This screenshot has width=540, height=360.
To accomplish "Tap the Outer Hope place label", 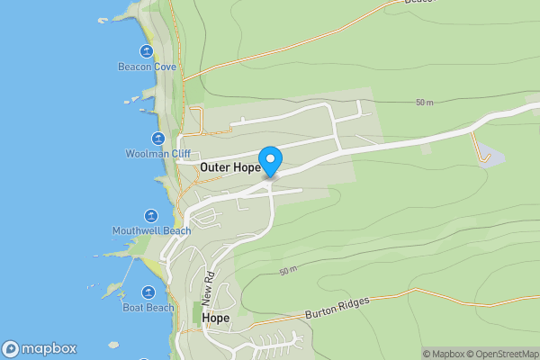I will (x=229, y=167).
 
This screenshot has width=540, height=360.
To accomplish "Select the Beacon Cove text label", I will (x=147, y=67).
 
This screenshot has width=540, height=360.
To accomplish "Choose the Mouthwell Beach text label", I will (x=151, y=231).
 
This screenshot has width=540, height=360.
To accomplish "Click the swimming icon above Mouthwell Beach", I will (x=150, y=216).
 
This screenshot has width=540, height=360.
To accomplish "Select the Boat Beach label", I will (x=148, y=308).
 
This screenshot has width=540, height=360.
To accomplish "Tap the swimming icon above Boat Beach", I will (x=147, y=292).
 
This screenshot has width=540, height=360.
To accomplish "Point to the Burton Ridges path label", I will (x=337, y=310).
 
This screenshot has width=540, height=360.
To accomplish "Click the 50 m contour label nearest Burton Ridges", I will (x=288, y=271).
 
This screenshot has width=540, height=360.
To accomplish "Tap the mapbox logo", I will (x=40, y=349).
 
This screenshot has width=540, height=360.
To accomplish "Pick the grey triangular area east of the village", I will (x=490, y=154).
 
